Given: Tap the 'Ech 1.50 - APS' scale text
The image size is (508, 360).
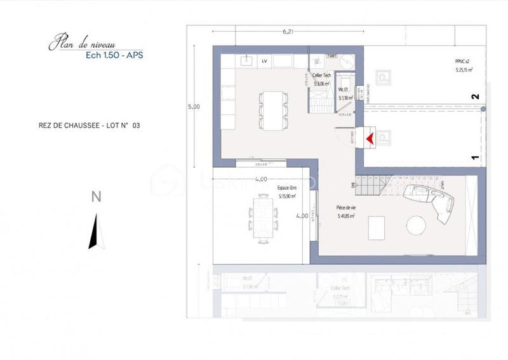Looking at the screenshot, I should click(114, 55).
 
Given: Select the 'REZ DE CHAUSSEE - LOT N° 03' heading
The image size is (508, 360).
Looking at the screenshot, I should click(89, 126).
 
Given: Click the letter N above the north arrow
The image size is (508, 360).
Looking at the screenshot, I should click(97, 197).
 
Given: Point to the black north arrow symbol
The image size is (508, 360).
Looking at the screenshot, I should click(97, 232).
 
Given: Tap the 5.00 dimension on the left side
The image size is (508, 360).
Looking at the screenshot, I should click(193, 107).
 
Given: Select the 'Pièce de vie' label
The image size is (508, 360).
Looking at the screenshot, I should click(345, 208).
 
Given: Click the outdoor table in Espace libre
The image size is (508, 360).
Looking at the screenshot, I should click(262, 216).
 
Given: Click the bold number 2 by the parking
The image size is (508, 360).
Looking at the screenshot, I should click(474, 97).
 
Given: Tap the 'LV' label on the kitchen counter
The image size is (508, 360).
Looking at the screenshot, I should click(263, 60).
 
